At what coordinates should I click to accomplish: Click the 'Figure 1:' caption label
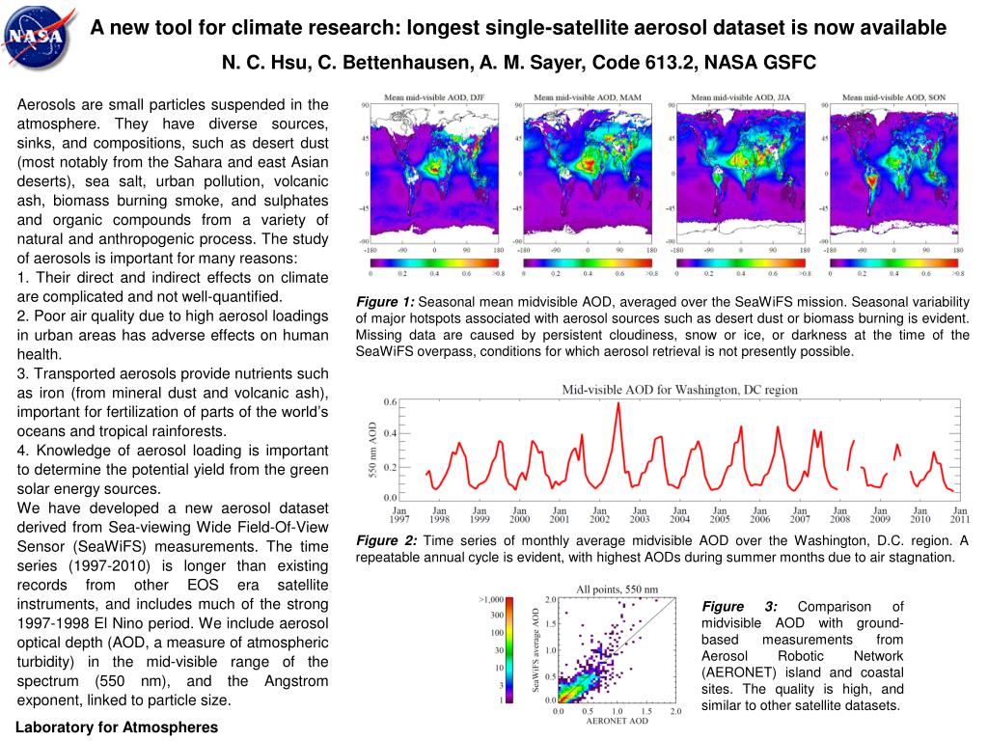point(385,301)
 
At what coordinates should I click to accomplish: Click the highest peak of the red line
point(617,403)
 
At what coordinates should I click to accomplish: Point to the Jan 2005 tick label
point(719,514)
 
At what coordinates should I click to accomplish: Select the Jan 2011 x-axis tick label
point(959,514)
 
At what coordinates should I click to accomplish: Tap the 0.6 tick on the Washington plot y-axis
point(390,399)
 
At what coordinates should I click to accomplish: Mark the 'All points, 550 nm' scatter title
point(617,589)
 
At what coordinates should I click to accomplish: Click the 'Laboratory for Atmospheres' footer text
point(117,727)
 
